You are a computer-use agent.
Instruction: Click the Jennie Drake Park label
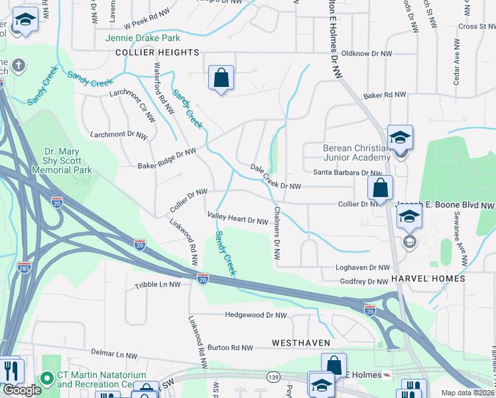pos(143,38)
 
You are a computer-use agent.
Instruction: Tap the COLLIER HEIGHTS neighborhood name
pos(157,52)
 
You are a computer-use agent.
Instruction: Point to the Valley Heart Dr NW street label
pos(237,218)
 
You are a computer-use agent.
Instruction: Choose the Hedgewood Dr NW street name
pos(256,316)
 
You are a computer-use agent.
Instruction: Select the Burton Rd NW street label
pos(230,348)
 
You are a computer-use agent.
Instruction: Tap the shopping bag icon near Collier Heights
pos(221,78)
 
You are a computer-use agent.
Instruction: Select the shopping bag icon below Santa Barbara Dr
pos(380,188)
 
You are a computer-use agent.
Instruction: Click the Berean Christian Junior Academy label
pos(356,153)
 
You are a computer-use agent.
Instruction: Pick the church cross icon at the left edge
pos(18,66)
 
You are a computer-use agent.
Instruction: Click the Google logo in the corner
pos(22,390)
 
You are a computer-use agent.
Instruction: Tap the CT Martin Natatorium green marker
pos(47,379)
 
